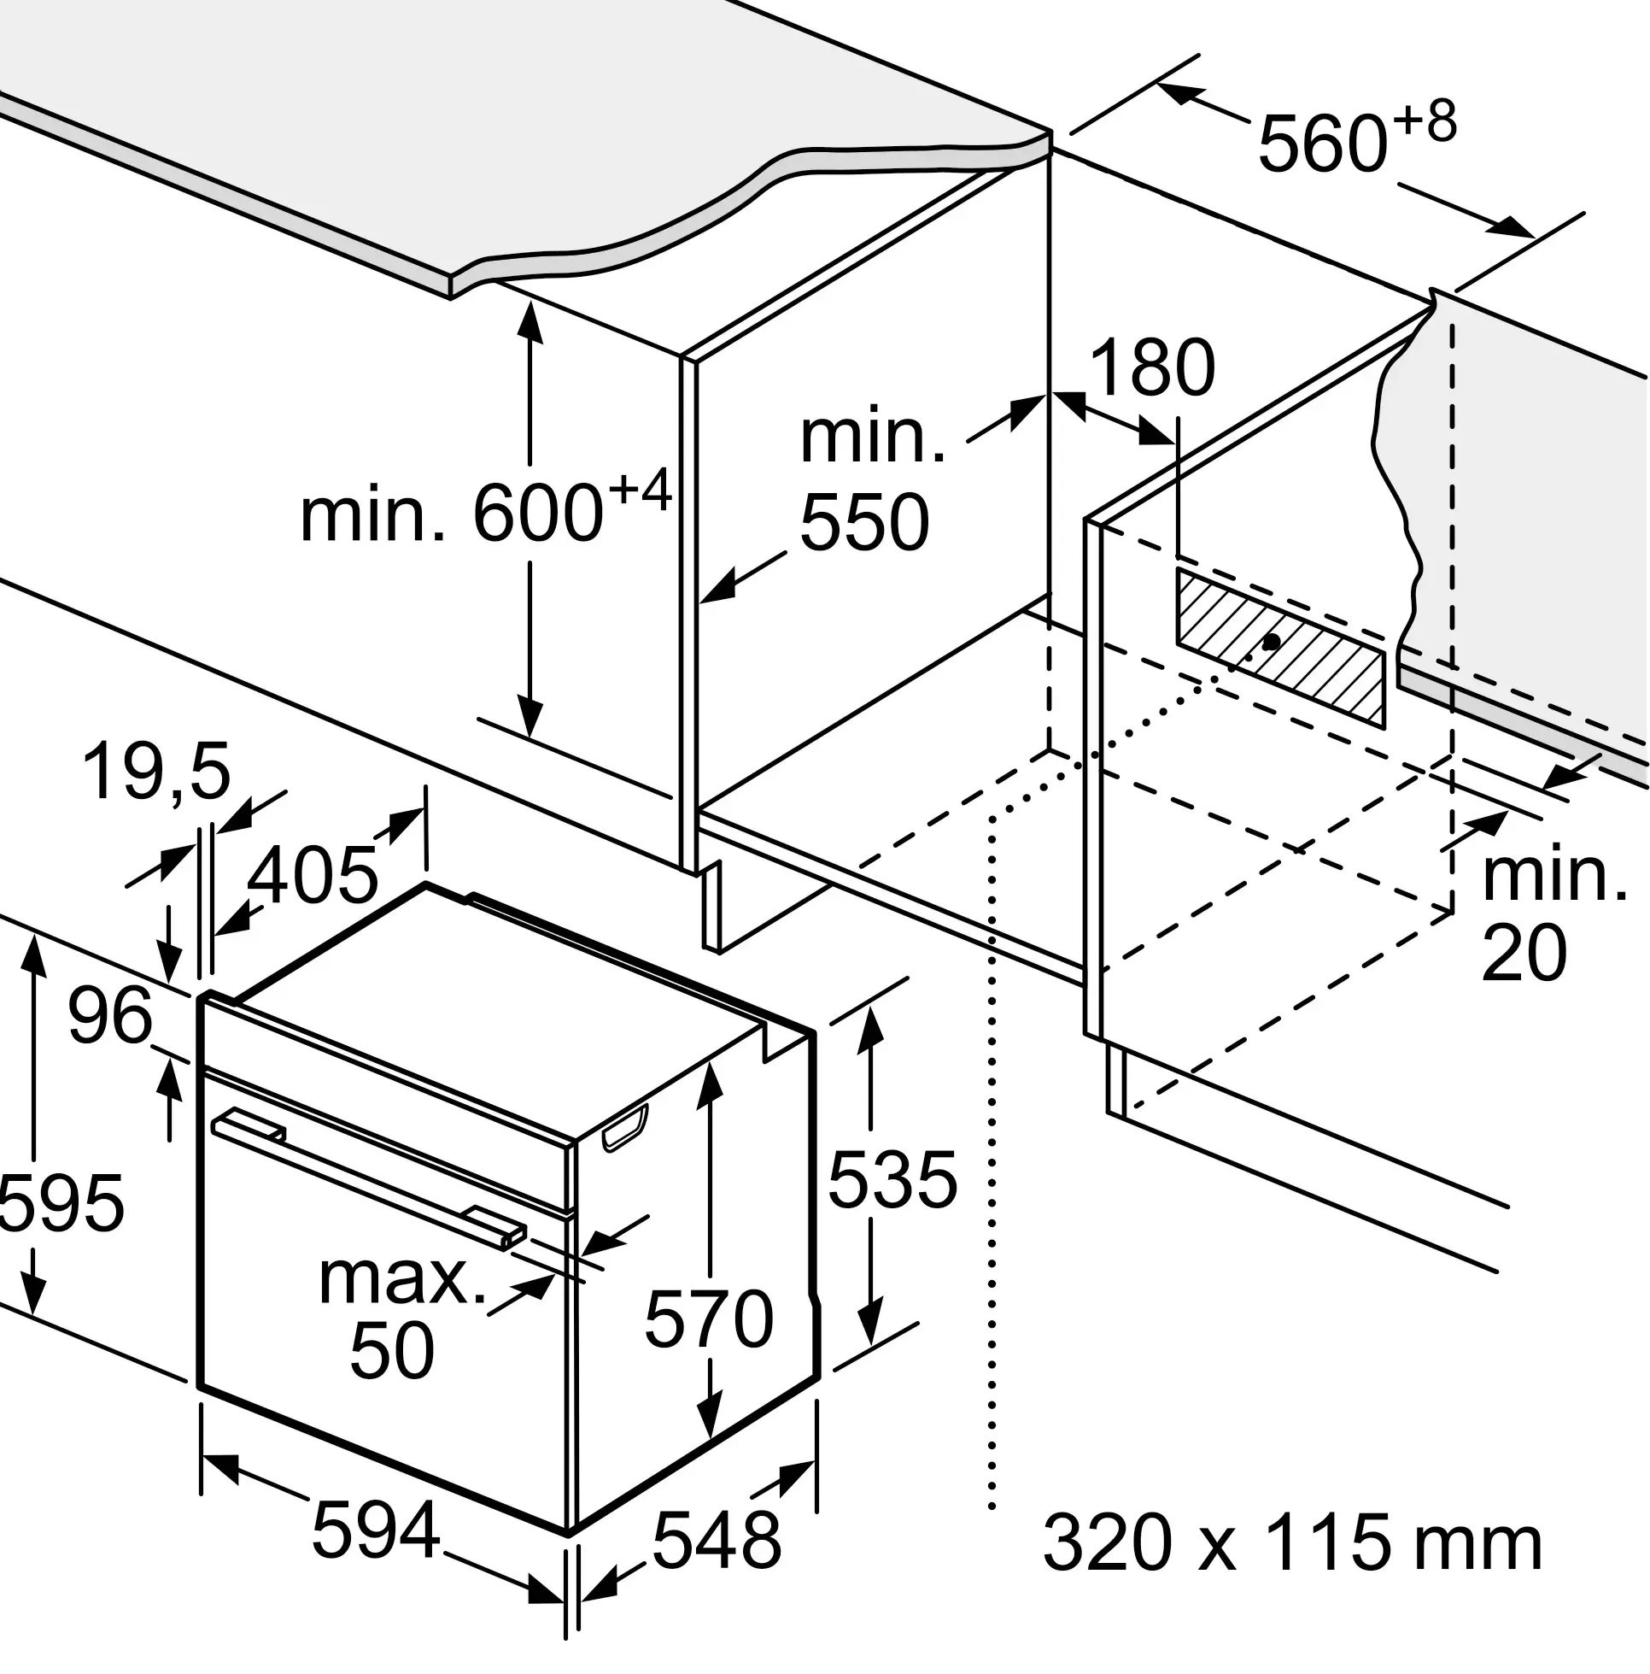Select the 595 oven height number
click(x=61, y=1203)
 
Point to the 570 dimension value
click(x=709, y=1318)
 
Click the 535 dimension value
click(x=892, y=1179)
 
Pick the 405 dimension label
click(x=313, y=875)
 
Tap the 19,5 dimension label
click(x=157, y=770)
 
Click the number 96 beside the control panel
click(x=110, y=1016)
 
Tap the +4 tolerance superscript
click(x=640, y=491)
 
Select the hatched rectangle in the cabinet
click(x=1278, y=647)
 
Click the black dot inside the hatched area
click(x=1272, y=642)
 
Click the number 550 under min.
click(x=864, y=522)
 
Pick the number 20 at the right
click(x=1524, y=952)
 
